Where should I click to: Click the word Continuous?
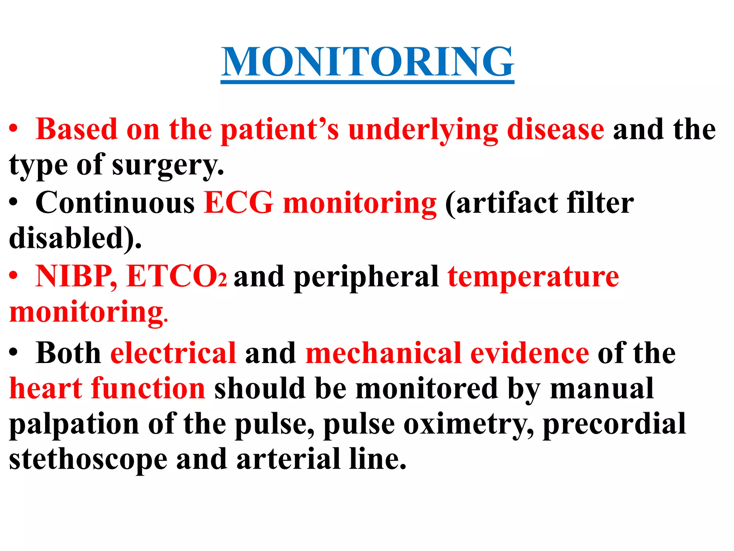(x=115, y=203)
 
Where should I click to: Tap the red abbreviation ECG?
(x=239, y=203)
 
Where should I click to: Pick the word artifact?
(x=507, y=203)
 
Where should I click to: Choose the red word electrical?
(x=173, y=353)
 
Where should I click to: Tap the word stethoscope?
(x=88, y=460)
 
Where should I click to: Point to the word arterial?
(x=288, y=460)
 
